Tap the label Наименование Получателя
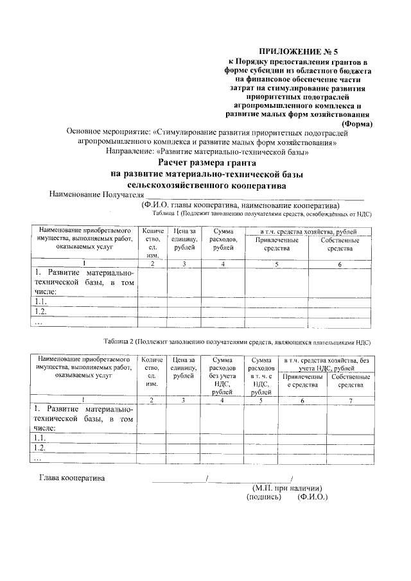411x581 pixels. tap(96, 195)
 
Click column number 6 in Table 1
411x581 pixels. tap(340, 264)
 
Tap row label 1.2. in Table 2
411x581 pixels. tap(40, 447)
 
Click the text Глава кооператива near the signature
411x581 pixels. tap(72, 478)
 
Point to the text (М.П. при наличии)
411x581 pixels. tap(286, 488)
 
